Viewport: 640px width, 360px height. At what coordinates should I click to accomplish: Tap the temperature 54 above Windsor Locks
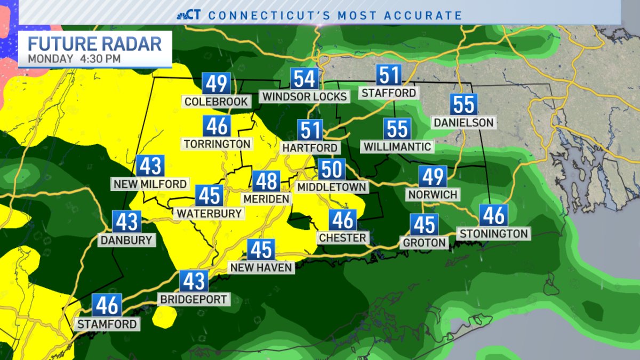pyautogui.click(x=305, y=79)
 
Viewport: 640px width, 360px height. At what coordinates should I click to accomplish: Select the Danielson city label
pyautogui.click(x=463, y=123)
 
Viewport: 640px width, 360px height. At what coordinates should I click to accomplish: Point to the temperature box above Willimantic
pyautogui.click(x=397, y=129)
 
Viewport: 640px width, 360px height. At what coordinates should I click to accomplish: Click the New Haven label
pyautogui.click(x=261, y=267)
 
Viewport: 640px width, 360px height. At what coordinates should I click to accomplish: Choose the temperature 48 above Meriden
pyautogui.click(x=266, y=181)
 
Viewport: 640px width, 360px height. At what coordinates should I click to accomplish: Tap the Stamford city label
pyautogui.click(x=107, y=324)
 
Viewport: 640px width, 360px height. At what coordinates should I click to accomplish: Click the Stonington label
pyautogui.click(x=493, y=233)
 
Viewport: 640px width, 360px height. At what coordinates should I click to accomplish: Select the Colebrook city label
pyautogui.click(x=216, y=101)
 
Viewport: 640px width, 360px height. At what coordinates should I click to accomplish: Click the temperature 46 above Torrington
pyautogui.click(x=217, y=126)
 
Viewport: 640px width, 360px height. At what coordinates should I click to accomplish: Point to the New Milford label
pyautogui.click(x=150, y=184)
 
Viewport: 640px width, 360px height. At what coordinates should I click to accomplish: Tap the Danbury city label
pyautogui.click(x=127, y=240)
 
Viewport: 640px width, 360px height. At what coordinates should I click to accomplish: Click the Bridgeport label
pyautogui.click(x=195, y=299)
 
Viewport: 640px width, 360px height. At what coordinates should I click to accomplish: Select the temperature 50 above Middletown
pyautogui.click(x=332, y=170)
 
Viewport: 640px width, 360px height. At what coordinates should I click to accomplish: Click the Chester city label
pyautogui.click(x=342, y=237)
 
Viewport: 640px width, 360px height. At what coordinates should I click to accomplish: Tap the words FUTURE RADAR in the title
pyautogui.click(x=95, y=43)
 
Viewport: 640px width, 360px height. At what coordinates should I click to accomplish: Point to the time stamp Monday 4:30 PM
pyautogui.click(x=74, y=58)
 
